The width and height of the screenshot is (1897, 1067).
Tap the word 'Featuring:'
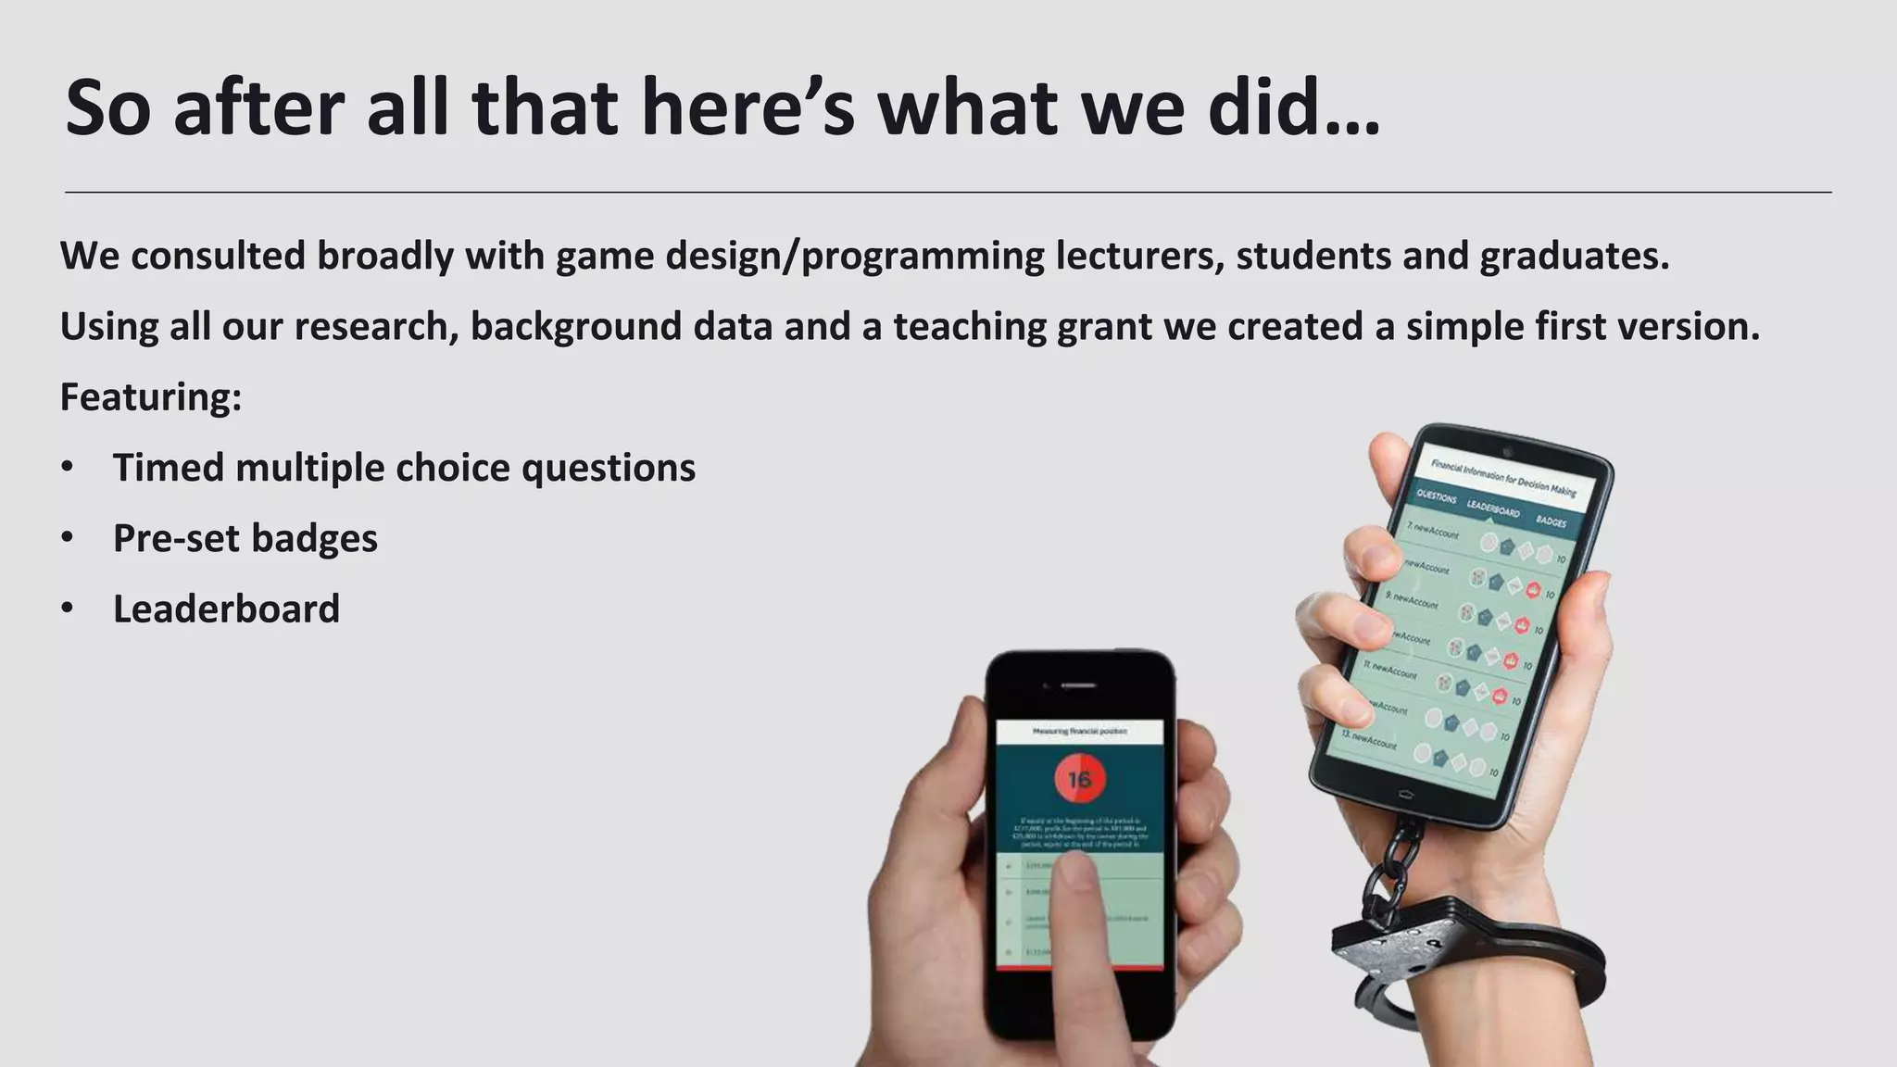coord(151,397)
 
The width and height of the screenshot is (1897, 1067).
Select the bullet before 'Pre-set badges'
coord(67,538)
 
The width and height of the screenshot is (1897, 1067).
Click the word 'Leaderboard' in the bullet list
coord(226,609)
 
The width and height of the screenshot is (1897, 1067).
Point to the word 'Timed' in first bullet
coord(168,468)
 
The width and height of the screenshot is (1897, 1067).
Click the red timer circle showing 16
coord(1079,780)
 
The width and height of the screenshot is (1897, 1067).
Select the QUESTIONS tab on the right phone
coord(1437,496)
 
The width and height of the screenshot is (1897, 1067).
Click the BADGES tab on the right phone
coord(1551,521)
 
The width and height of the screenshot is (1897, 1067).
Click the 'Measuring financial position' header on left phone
coord(1079,732)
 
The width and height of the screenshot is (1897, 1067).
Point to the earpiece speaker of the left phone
coord(1078,685)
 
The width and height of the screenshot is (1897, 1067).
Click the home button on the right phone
coord(1404,794)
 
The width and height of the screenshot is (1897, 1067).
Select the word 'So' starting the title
coord(107,108)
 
